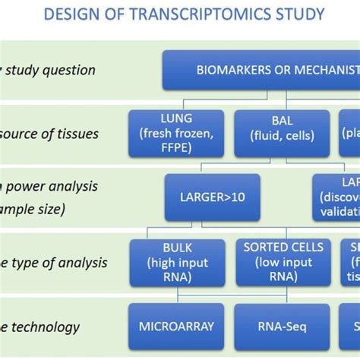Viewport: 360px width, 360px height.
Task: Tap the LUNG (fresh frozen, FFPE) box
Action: pyautogui.click(x=176, y=134)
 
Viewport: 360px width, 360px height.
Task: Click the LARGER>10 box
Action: pyautogui.click(x=212, y=197)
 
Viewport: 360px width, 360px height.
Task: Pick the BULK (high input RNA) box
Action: pyautogui.click(x=177, y=263)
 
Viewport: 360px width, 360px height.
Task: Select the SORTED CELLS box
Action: pyautogui.click(x=283, y=263)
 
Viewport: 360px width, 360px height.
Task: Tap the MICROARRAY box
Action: pyautogui.click(x=176, y=327)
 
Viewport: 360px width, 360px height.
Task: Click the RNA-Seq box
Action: pyautogui.click(x=282, y=327)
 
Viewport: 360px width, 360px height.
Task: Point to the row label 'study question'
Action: pyautogui.click(x=50, y=70)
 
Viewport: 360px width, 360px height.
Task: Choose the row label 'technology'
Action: pyautogui.click(x=43, y=327)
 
